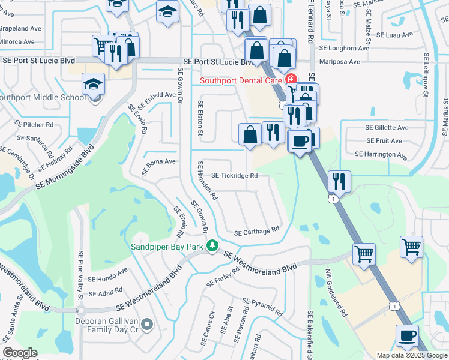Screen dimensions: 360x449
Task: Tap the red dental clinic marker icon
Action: click(x=291, y=79)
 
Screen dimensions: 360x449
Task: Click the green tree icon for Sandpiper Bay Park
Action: click(x=212, y=245)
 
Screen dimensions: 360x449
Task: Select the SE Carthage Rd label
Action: click(x=257, y=231)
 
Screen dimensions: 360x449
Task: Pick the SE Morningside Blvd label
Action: click(x=65, y=167)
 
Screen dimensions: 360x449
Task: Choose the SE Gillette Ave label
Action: click(x=387, y=128)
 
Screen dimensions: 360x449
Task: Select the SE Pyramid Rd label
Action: click(x=262, y=307)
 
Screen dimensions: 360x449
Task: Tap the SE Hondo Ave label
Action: click(x=108, y=274)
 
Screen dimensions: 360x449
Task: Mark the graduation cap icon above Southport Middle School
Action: click(x=93, y=84)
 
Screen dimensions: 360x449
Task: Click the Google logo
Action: click(x=20, y=353)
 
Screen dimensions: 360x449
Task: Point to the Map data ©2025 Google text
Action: click(x=411, y=355)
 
